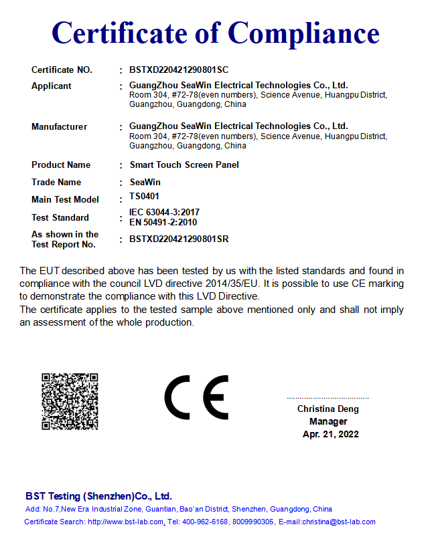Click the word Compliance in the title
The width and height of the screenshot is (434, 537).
pos(304,32)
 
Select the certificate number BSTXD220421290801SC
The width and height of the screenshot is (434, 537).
pos(179,70)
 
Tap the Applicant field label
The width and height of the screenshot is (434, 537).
pos(52,86)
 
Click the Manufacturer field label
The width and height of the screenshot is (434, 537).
pos(59,127)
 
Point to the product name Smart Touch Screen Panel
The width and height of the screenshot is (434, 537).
pos(184,165)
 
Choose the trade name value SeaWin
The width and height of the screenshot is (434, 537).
pos(145,182)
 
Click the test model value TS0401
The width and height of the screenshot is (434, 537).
pos(144,197)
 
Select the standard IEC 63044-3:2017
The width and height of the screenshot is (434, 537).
pos(164,213)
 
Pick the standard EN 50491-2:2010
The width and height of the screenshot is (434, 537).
pos(163,222)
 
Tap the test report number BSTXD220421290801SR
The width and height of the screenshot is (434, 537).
pos(179,239)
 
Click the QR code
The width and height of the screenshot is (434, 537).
pos(70,401)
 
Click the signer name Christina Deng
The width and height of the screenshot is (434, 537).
pos(328,409)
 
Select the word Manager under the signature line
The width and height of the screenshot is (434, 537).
pos(328,421)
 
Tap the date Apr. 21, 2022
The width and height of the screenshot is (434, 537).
pos(330,434)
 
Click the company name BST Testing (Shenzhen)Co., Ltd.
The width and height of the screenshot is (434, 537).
pos(98,496)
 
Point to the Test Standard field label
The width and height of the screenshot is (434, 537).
pos(60,217)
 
